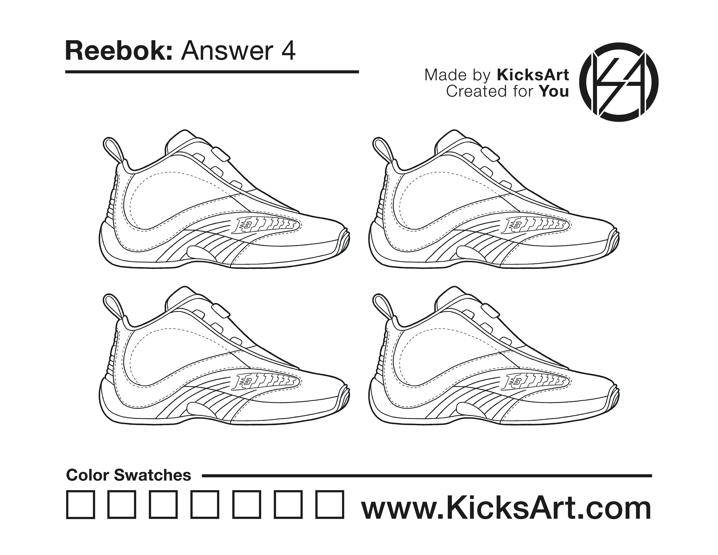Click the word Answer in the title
227,51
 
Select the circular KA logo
619,82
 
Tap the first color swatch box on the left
81,505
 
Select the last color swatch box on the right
330,505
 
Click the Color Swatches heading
129,475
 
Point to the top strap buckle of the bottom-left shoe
221,311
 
